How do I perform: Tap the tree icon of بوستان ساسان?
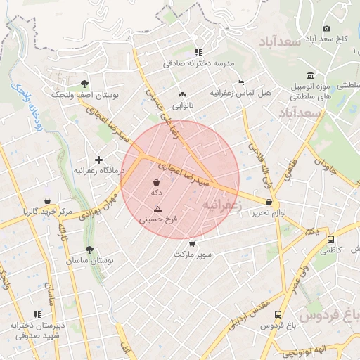(89, 250)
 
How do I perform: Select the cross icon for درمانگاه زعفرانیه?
(98, 160)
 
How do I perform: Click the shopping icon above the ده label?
(155, 182)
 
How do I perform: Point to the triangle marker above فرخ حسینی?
(157, 209)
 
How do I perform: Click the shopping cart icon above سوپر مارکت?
(192, 243)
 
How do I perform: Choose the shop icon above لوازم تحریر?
(269, 202)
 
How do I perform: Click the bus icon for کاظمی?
(331, 239)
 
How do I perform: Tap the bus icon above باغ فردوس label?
(278, 314)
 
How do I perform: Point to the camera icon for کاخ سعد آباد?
(326, 28)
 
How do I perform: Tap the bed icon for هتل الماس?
(241, 82)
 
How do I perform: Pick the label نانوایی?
(182, 105)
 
